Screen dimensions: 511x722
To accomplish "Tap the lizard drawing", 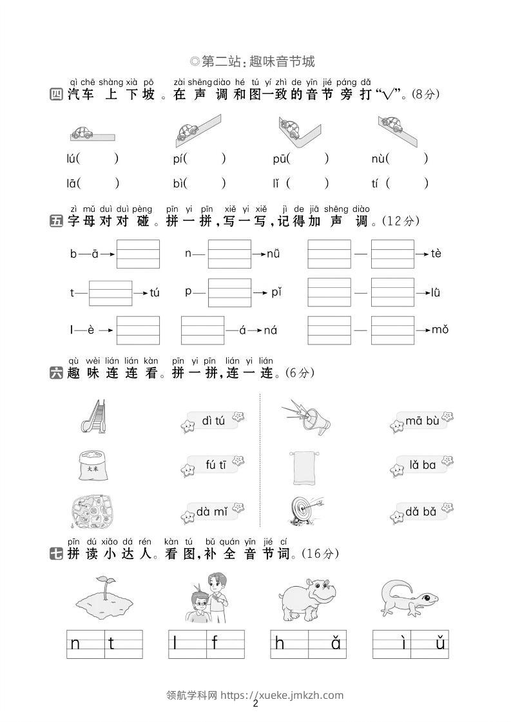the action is click(409, 598).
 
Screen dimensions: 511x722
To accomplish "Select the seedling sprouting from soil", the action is click(104, 594).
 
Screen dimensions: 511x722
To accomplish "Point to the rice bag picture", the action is click(93, 466).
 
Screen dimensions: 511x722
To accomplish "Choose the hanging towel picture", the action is click(304, 468).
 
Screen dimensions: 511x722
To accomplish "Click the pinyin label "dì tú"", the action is click(213, 421).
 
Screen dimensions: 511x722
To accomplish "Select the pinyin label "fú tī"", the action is click(216, 464).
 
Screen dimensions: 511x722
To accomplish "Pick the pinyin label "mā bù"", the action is click(422, 421).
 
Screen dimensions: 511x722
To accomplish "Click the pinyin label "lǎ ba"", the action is click(423, 465).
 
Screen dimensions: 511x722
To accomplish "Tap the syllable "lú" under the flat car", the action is click(71, 159).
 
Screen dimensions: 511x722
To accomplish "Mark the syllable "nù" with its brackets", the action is click(400, 159).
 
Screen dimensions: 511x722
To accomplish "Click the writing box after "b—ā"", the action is click(138, 254).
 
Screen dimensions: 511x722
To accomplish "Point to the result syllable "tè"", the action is click(436, 253).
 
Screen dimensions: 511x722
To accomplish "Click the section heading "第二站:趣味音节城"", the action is click(253, 61).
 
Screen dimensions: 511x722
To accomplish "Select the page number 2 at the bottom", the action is click(256, 703).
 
